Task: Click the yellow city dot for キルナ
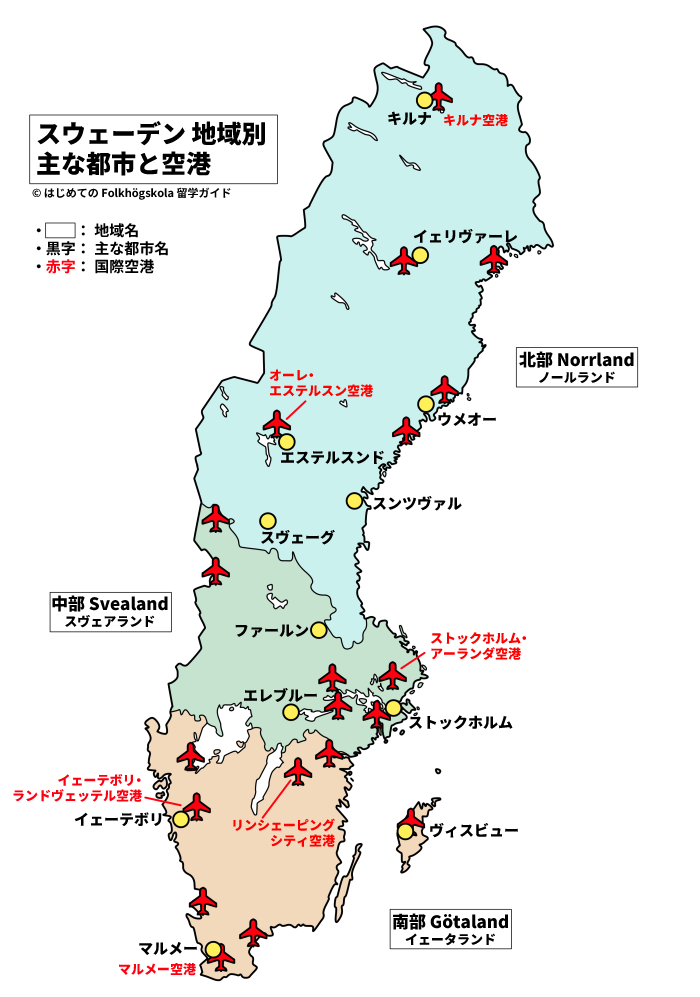pyautogui.click(x=425, y=100)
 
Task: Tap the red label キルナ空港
pyautogui.click(x=475, y=120)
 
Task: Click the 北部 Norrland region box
pyautogui.click(x=576, y=367)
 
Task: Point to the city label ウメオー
pyautogui.click(x=467, y=420)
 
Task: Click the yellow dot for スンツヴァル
pyautogui.click(x=354, y=500)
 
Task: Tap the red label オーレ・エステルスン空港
pyautogui.click(x=320, y=382)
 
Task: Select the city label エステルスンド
pyautogui.click(x=332, y=458)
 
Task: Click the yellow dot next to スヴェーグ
pyautogui.click(x=267, y=520)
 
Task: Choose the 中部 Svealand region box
pyautogui.click(x=110, y=611)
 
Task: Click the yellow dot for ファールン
pyautogui.click(x=318, y=630)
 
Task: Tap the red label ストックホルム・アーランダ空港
pyautogui.click(x=476, y=645)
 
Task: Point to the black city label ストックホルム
pyautogui.click(x=461, y=721)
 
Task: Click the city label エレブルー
pyautogui.click(x=280, y=694)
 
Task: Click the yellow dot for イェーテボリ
pyautogui.click(x=181, y=819)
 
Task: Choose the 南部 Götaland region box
pyautogui.click(x=450, y=929)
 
